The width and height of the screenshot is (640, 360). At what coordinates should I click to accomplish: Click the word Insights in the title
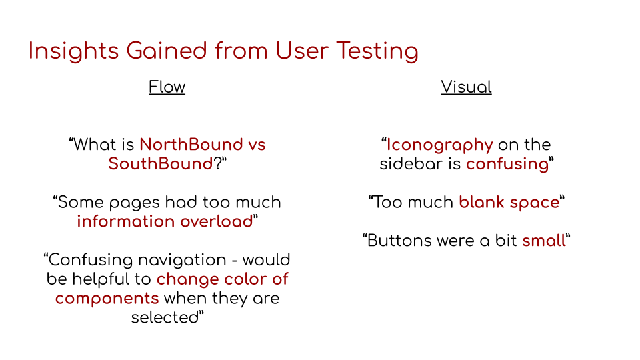tap(73, 52)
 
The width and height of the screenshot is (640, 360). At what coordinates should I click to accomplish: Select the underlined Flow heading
tap(167, 87)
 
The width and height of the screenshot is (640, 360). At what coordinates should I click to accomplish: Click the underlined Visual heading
tap(466, 87)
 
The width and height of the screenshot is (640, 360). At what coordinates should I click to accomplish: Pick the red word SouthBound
tap(161, 164)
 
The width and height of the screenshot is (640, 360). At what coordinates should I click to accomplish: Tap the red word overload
tap(217, 221)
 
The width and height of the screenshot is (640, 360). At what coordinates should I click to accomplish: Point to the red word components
tap(107, 299)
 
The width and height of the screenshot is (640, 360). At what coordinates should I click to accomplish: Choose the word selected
tap(165, 317)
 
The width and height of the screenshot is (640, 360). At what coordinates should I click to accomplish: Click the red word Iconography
tap(439, 145)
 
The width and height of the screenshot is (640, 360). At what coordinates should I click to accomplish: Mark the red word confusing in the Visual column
tap(507, 165)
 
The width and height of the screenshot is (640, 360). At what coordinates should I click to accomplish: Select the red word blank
tap(481, 202)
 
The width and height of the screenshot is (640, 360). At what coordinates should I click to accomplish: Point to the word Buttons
tap(399, 241)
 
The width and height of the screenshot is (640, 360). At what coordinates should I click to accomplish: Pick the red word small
tap(544, 241)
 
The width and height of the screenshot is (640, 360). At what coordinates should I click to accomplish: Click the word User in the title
tap(302, 52)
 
